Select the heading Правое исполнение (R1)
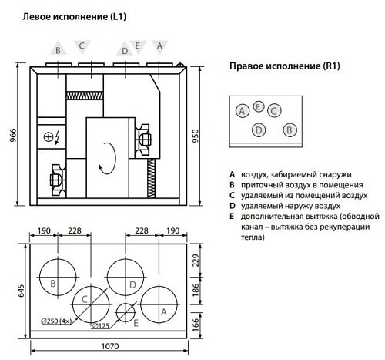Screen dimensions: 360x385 [284, 67]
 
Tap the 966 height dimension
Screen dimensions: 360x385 [8, 133]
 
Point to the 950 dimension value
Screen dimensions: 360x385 [201, 135]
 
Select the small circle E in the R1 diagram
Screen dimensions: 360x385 [259, 106]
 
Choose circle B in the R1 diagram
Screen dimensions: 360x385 [288, 130]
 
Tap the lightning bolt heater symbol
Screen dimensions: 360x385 [56, 138]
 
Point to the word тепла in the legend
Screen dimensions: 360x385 [252, 238]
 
